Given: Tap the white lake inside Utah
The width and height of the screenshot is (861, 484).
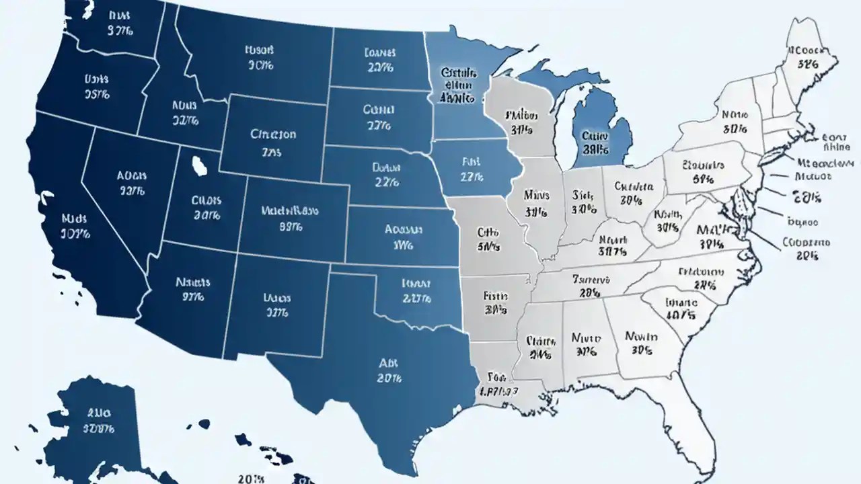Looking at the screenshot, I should (199, 165).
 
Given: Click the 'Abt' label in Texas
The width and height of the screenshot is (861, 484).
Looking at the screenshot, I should (389, 362).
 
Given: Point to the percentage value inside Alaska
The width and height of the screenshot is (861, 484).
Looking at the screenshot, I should (99, 428).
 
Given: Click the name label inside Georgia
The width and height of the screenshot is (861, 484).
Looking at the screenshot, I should (640, 336).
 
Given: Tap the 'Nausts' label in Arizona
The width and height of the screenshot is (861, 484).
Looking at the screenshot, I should (193, 283).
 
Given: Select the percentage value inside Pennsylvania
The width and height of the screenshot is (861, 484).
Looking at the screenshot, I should (702, 179).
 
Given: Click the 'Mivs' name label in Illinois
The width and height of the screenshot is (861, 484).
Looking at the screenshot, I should (536, 196).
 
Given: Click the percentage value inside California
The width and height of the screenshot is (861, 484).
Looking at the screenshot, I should (75, 235).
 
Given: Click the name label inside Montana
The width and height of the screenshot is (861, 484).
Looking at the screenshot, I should (260, 50).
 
